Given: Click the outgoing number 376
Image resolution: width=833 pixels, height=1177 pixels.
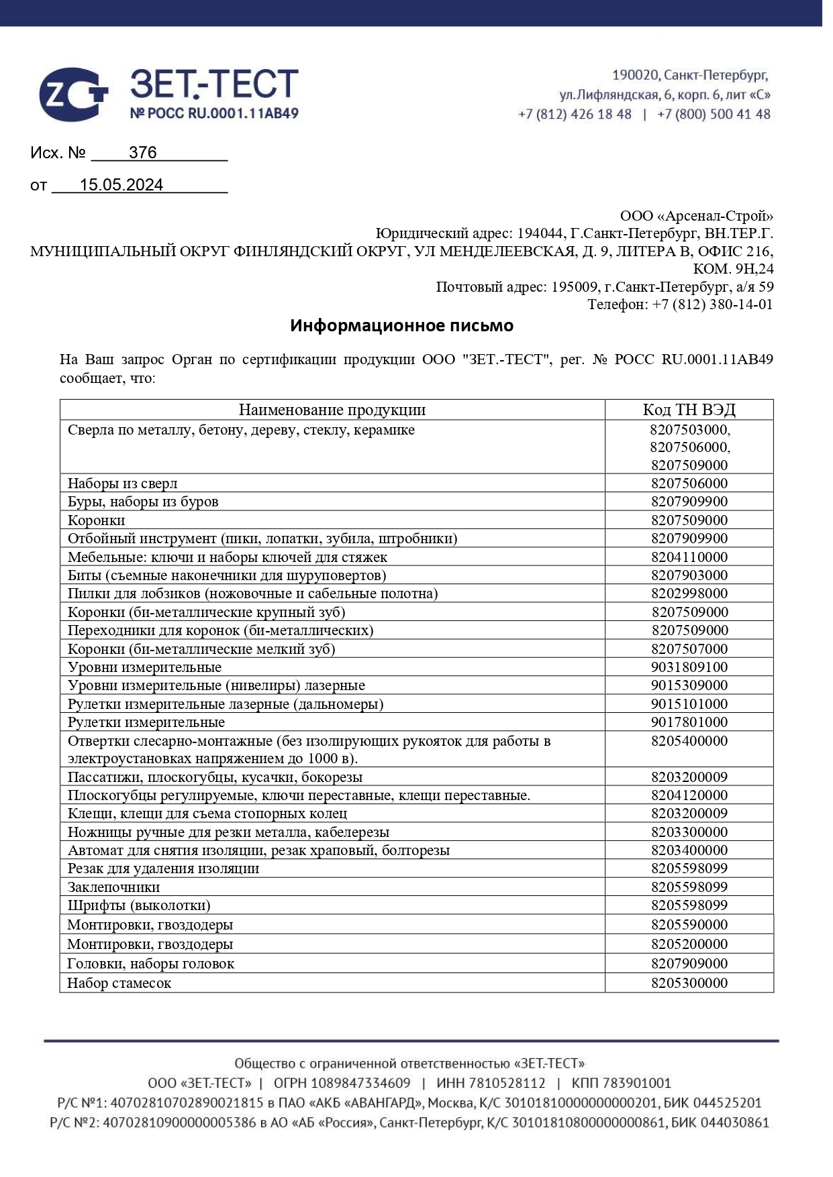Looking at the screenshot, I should [x=142, y=153].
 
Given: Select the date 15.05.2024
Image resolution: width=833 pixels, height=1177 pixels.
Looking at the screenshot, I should [x=121, y=185].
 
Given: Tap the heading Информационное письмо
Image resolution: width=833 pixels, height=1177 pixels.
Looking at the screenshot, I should [x=401, y=326].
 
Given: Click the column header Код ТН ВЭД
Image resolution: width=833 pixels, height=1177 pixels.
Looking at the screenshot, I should [x=689, y=410].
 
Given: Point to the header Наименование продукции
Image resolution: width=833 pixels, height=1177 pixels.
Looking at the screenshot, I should [x=332, y=410].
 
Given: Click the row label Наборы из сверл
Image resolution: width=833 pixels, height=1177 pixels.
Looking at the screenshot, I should [x=123, y=484].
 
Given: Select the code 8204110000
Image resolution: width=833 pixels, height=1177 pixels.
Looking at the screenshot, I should [x=689, y=557].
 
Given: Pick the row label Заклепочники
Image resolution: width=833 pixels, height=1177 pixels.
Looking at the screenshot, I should [x=113, y=887].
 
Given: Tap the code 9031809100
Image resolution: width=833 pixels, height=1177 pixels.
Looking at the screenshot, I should [x=689, y=667].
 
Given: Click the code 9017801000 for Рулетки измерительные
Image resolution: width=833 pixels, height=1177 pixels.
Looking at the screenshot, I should [x=689, y=722].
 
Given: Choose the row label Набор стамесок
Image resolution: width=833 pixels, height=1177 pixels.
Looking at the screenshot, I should [x=119, y=983].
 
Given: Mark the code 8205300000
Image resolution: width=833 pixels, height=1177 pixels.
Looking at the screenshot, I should [x=689, y=983].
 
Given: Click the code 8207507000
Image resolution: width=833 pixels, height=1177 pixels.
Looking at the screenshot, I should [x=689, y=649].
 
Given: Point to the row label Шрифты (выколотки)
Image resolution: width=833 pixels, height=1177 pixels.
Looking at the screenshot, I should [x=139, y=905].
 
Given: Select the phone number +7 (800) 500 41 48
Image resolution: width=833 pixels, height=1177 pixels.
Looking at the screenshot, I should [x=714, y=115].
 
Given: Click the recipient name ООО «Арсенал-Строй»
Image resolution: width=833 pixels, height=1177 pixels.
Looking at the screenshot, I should [x=696, y=216].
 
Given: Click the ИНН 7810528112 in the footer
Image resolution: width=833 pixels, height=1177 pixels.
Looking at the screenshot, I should [x=491, y=1083].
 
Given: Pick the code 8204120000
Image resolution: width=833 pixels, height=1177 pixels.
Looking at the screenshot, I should [x=689, y=795].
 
